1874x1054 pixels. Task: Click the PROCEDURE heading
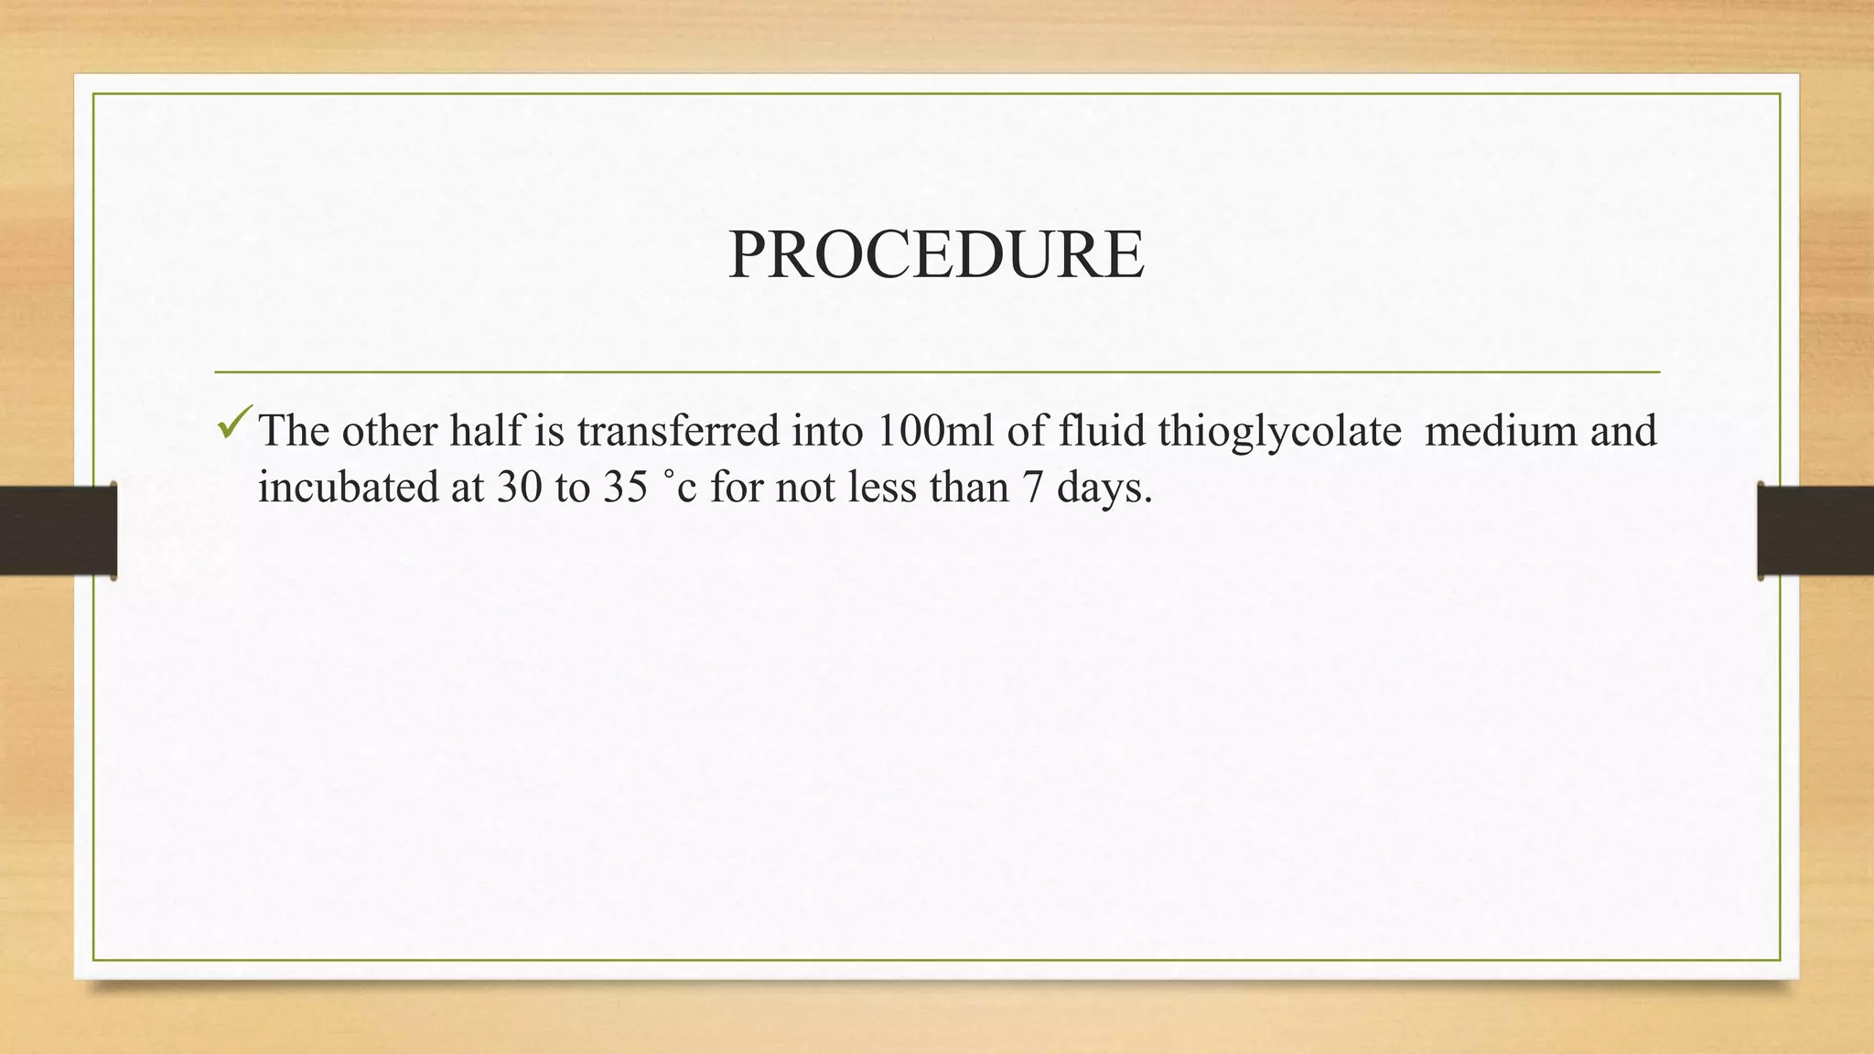pyautogui.click(x=936, y=254)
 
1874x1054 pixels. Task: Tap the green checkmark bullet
pyautogui.click(x=234, y=423)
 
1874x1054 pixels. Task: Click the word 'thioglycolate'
pyautogui.click(x=1278, y=431)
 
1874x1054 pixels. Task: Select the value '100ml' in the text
pyautogui.click(x=934, y=431)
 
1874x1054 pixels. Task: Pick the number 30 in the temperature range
pyautogui.click(x=520, y=487)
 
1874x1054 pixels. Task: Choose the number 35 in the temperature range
pyautogui.click(x=625, y=487)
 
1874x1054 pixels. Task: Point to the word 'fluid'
pyautogui.click(x=1102, y=431)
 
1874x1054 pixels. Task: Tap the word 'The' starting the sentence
pyautogui.click(x=294, y=431)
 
